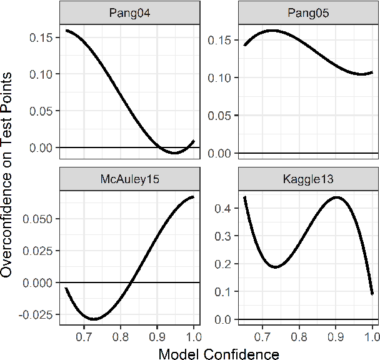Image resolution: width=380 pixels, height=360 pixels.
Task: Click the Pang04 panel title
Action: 129,12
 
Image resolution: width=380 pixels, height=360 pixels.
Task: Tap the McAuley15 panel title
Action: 129,179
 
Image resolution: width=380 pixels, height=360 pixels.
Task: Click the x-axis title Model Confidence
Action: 219,354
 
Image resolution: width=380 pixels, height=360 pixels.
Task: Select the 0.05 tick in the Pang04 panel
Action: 42,111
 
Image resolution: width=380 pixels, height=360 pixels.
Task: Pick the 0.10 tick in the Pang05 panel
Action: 221,77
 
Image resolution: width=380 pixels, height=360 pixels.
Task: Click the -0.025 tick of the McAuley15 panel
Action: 37,313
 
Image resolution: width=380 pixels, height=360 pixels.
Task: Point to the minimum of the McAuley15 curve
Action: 93,319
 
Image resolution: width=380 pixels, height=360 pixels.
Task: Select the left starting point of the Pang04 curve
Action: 66,30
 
